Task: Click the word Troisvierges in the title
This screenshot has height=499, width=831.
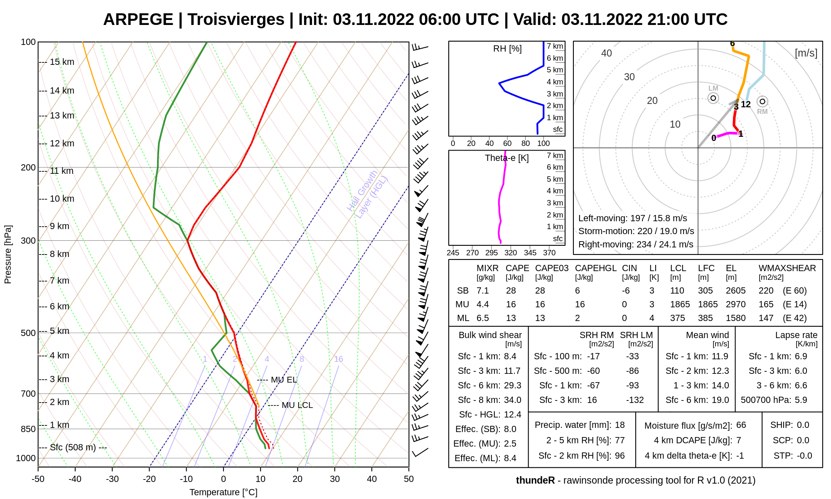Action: click(x=236, y=20)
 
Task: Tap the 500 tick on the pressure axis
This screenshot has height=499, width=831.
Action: click(x=28, y=333)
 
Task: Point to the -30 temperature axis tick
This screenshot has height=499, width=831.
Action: click(x=112, y=479)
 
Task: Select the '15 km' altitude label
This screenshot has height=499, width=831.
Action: click(x=62, y=62)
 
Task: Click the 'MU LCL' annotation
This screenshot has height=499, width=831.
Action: click(x=297, y=405)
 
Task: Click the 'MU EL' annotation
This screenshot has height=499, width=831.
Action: click(x=284, y=380)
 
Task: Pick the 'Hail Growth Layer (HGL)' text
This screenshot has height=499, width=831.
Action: click(x=367, y=194)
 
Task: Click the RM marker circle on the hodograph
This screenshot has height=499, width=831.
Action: click(x=762, y=101)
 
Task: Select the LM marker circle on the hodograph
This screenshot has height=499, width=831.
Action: click(x=713, y=98)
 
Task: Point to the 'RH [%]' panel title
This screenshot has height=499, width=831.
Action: click(x=507, y=49)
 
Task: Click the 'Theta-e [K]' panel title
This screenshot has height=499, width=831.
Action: click(x=506, y=158)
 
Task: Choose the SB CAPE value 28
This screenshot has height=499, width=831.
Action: click(x=511, y=291)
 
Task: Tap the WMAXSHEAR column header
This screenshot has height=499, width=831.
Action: click(x=787, y=268)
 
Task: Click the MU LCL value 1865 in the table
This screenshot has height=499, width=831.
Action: click(x=680, y=304)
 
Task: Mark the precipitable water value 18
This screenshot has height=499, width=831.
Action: click(x=620, y=425)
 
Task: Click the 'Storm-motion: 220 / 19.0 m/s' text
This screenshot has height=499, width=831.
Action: click(x=636, y=231)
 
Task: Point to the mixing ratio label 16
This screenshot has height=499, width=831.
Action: click(x=339, y=359)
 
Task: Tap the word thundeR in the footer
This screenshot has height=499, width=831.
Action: click(x=535, y=480)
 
